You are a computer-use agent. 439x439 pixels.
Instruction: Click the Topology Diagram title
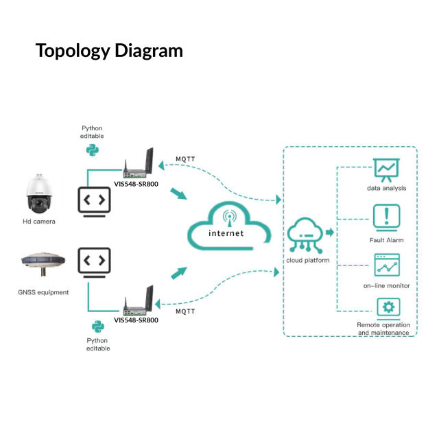point(109,51)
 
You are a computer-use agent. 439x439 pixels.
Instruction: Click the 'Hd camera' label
point(38,222)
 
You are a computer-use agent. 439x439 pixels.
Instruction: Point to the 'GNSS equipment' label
point(43,292)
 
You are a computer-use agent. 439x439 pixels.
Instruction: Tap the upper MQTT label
point(185,159)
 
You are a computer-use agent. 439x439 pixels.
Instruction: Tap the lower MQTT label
point(185,311)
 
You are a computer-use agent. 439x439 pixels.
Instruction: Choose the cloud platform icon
point(307,236)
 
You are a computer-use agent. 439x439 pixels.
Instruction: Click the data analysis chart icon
point(386,169)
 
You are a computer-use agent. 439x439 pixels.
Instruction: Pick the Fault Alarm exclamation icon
point(386,216)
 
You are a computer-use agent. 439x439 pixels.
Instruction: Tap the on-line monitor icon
point(386,265)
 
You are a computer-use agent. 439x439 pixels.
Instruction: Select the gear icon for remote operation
point(388,307)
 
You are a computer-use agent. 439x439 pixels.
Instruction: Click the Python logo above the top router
point(91,149)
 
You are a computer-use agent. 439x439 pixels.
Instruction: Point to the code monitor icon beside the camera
point(94,201)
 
